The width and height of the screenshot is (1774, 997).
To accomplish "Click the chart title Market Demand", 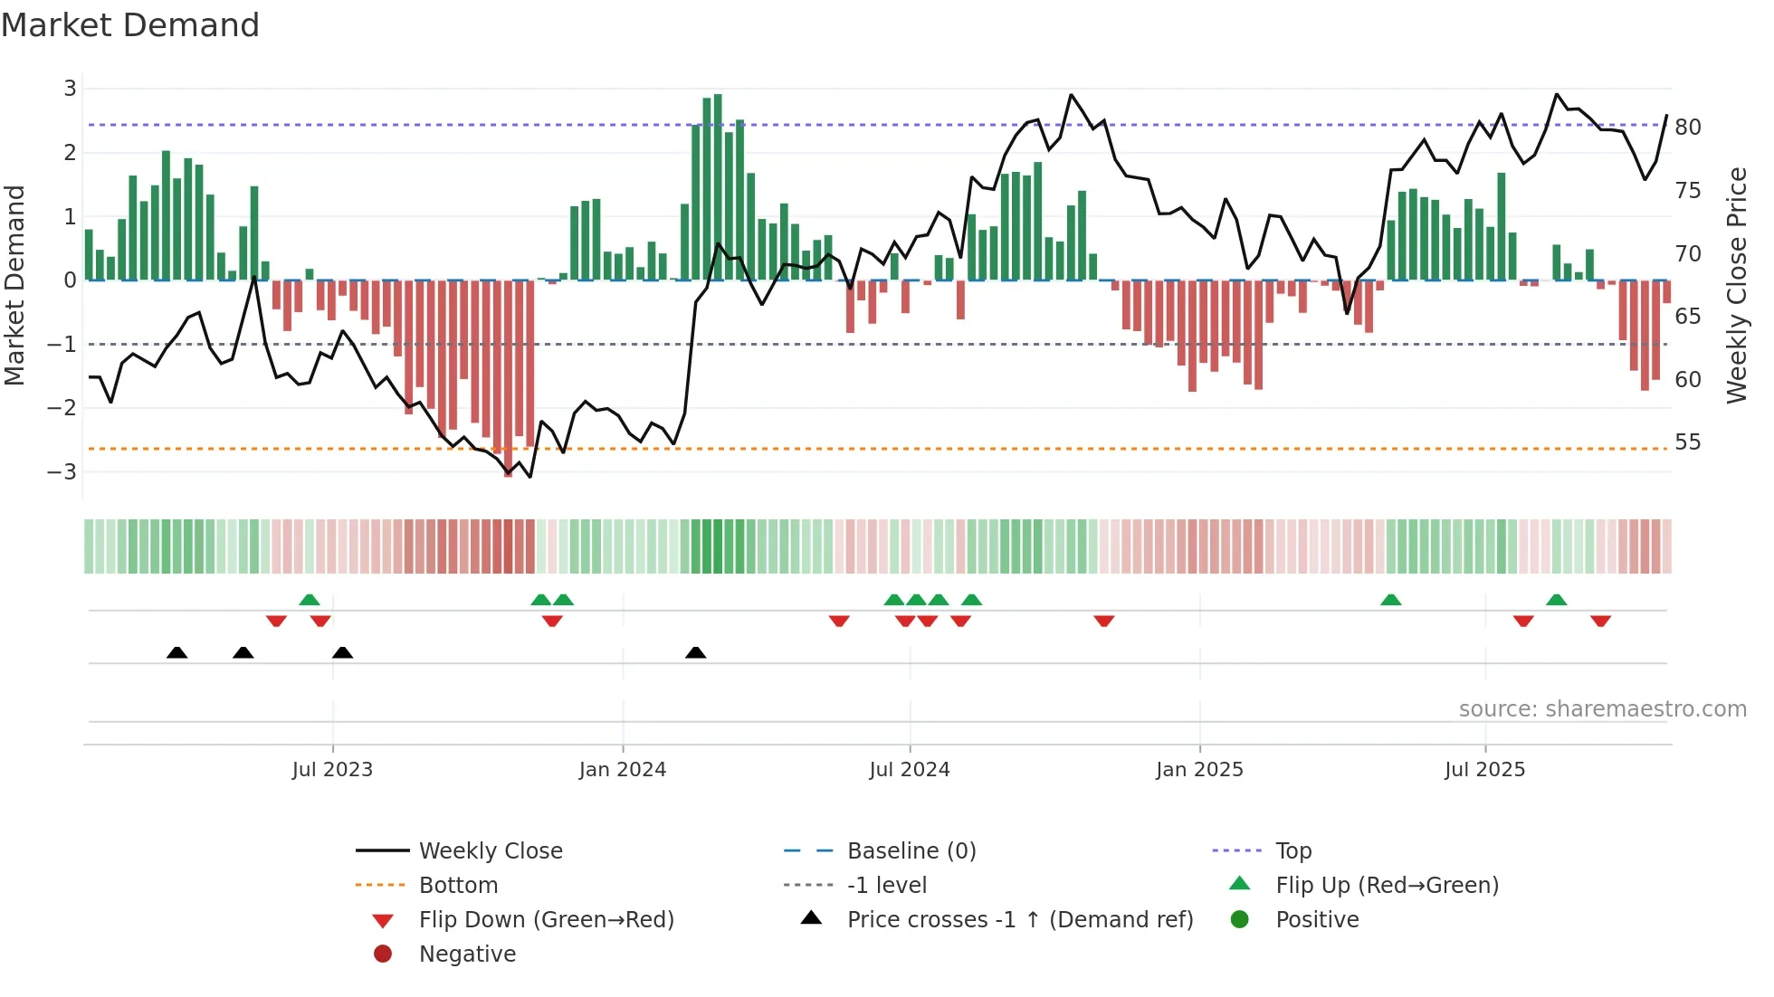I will click(x=130, y=25).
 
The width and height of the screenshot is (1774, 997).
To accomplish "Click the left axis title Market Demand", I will click(x=14, y=285).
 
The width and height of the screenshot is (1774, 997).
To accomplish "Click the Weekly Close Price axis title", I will click(x=1736, y=285).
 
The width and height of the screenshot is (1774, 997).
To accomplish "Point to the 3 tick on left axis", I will click(x=70, y=89).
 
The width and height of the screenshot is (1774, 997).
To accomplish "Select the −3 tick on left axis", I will click(x=62, y=472).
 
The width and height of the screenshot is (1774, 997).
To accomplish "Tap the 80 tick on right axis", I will click(x=1687, y=128).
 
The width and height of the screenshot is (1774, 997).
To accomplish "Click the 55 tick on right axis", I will click(x=1687, y=442).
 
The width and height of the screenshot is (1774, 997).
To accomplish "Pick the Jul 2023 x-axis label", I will click(x=332, y=770).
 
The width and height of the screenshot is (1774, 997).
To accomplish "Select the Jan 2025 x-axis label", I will click(x=1199, y=770).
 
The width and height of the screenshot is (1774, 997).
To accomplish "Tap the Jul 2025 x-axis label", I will click(x=1484, y=770).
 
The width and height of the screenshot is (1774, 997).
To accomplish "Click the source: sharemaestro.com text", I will click(x=1602, y=709).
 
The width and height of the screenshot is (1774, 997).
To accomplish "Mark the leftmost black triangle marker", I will click(x=177, y=653).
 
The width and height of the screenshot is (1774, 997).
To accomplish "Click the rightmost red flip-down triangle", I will click(x=1600, y=621).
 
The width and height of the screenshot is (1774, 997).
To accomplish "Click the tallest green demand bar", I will click(x=718, y=186).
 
